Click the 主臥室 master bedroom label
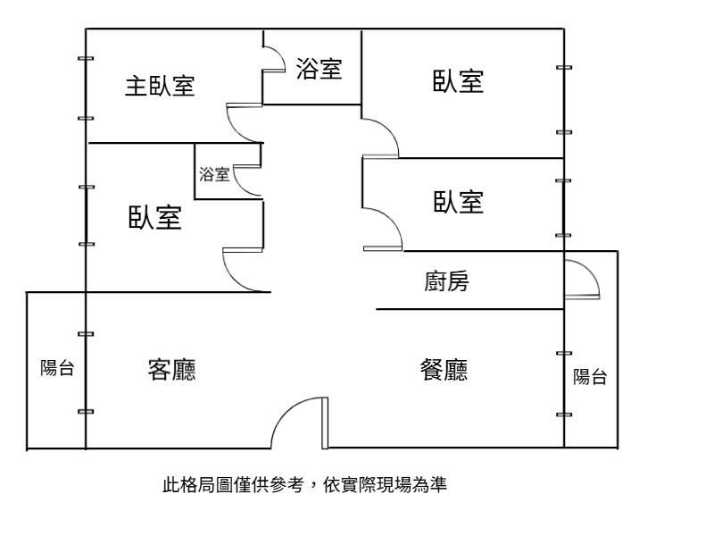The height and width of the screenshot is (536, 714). pos(160,86)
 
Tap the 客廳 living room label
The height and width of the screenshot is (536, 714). pos(171,370)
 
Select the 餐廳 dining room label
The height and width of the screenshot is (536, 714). pos(444,370)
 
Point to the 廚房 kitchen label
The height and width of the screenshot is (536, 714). pos(446,281)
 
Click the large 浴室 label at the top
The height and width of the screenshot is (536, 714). pos(319,69)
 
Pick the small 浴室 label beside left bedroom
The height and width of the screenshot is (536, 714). pos(214,174)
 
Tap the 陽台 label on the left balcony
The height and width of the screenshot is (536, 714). pos(57,368)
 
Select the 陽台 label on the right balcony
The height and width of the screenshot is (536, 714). pos(590,377)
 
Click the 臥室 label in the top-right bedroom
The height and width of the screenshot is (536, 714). pos(458,81)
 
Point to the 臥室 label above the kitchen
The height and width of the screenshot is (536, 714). pos(458,202)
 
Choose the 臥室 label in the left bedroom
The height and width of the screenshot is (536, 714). pos(154,217)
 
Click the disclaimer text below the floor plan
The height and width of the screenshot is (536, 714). pos(304,484)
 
